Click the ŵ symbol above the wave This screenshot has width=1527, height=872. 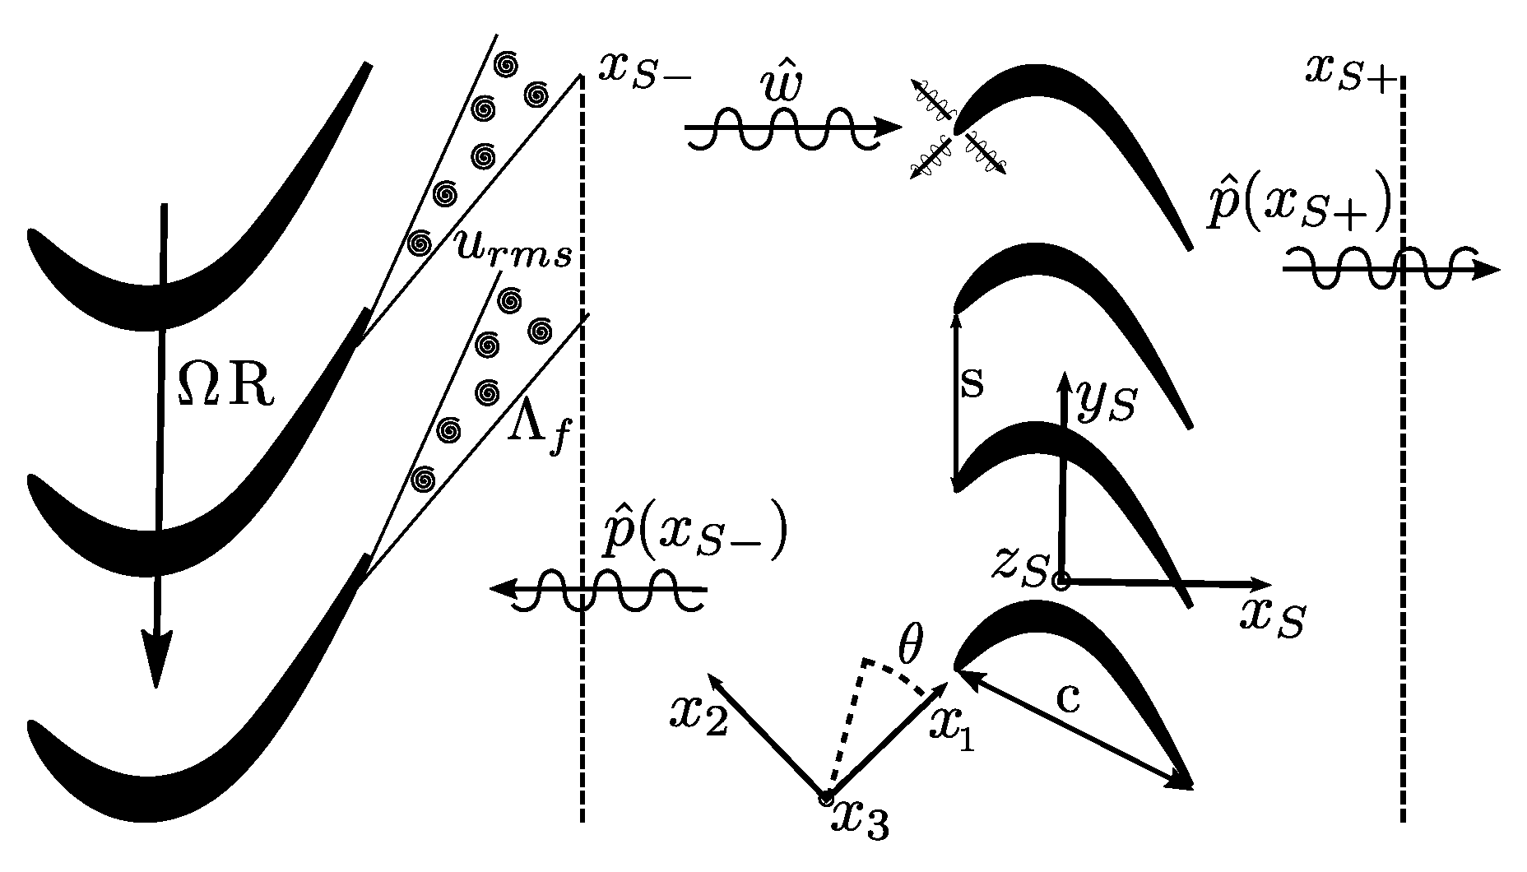[779, 86]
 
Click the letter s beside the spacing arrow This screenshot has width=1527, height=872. [972, 383]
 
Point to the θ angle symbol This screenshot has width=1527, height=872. [909, 649]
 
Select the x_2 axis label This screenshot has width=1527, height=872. [699, 716]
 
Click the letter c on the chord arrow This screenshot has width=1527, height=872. [1067, 698]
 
